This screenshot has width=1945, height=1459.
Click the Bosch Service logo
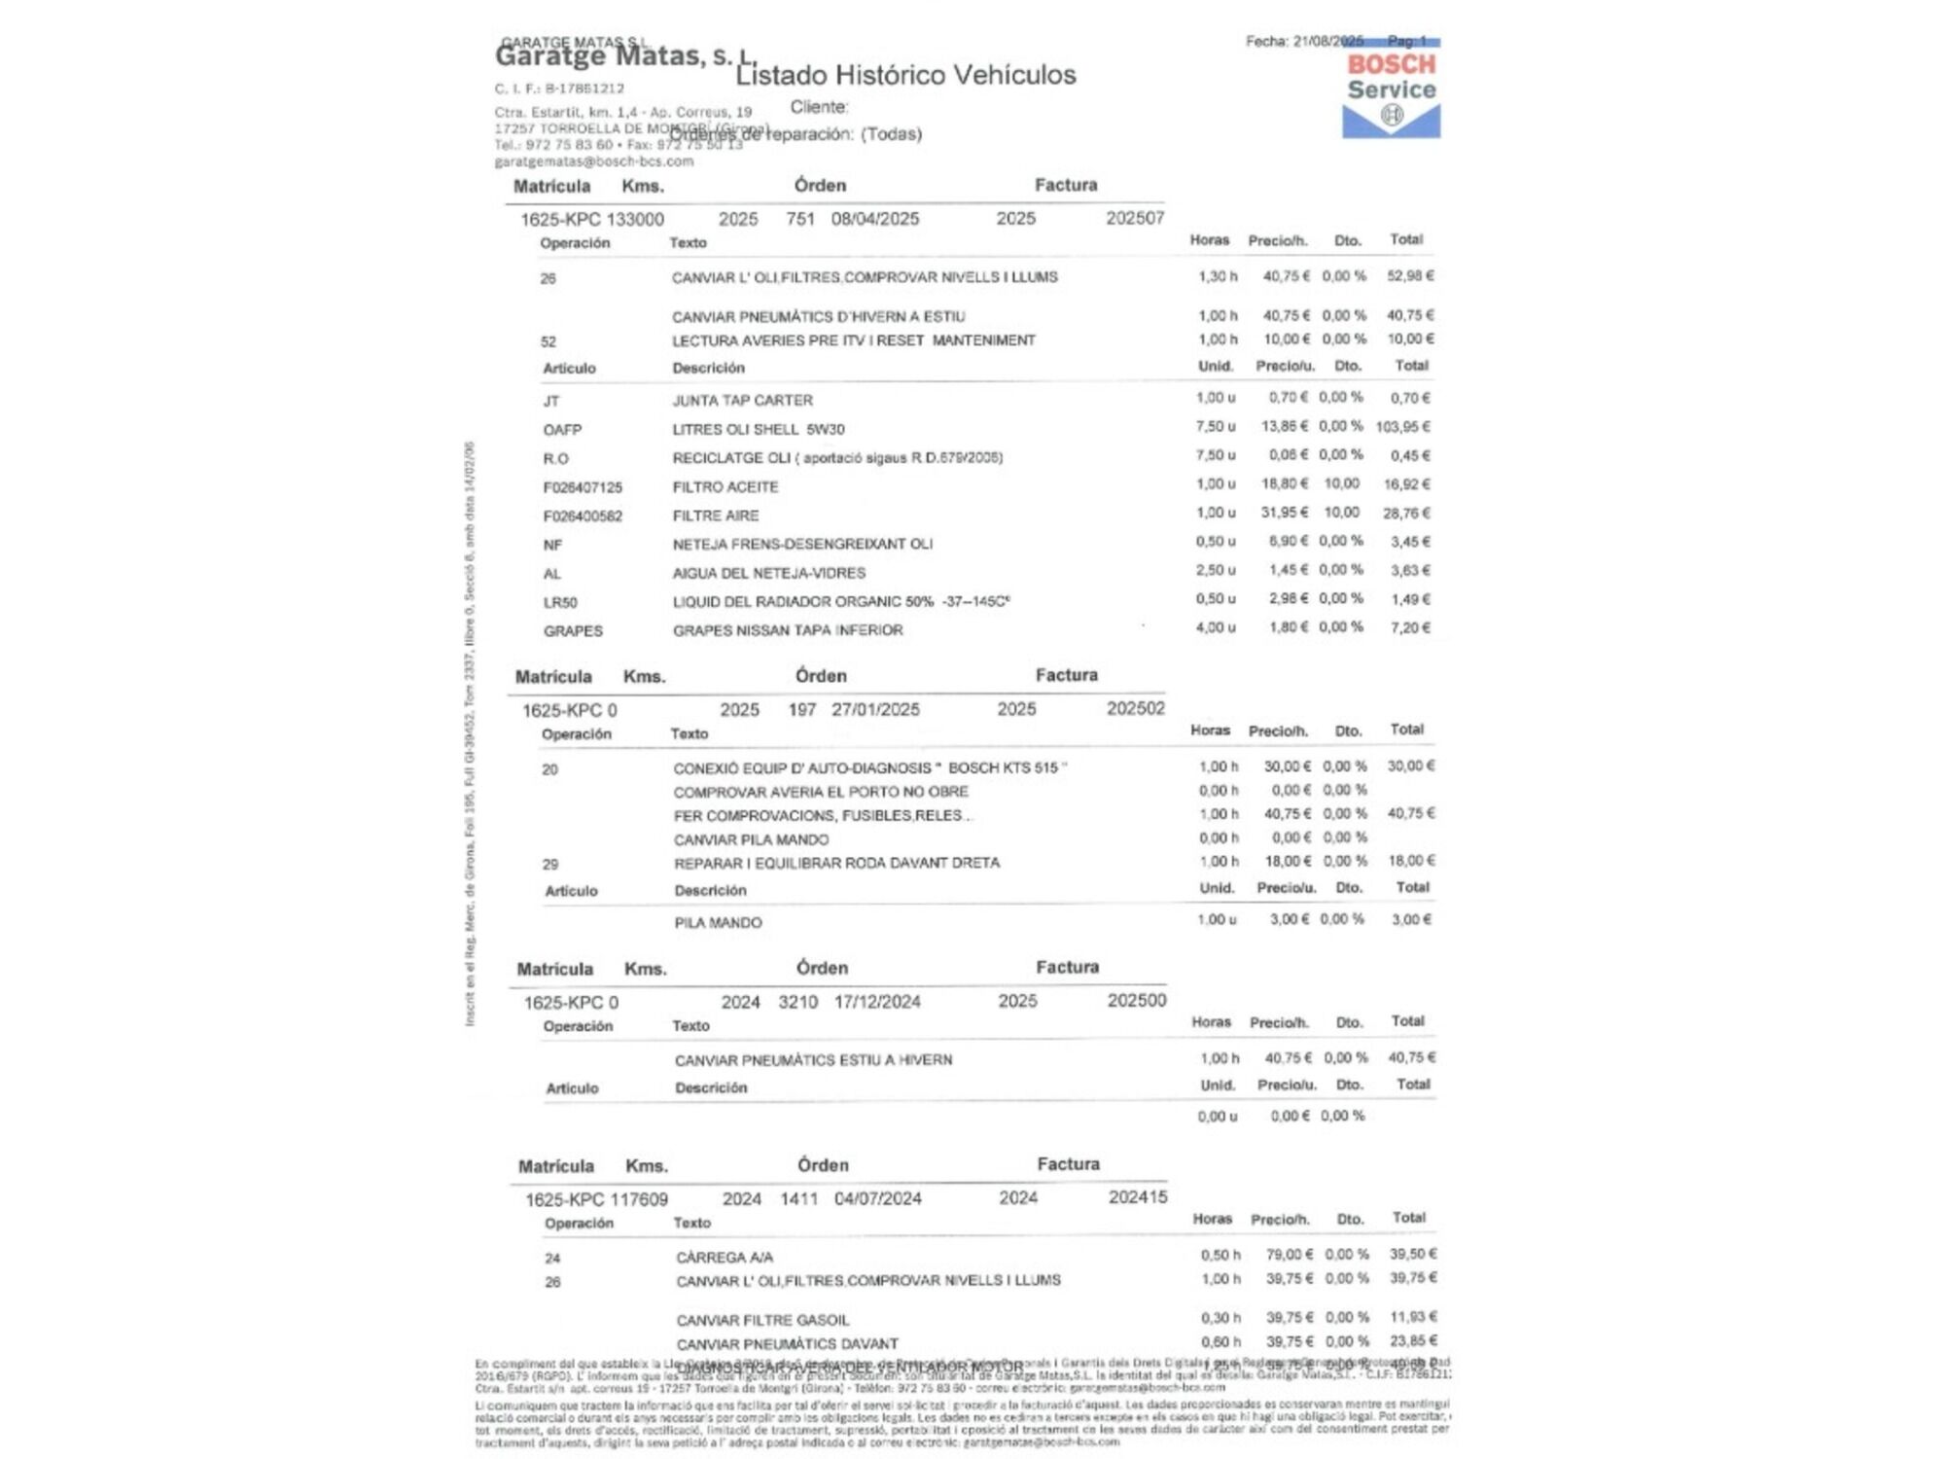click(x=1391, y=93)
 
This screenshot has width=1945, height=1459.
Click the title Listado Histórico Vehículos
click(x=905, y=75)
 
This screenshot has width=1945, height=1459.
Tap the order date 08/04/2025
click(x=874, y=219)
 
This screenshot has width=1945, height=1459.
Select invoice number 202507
click(x=1134, y=218)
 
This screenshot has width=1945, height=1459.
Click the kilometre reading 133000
click(x=635, y=220)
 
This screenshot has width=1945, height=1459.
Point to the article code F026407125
click(x=583, y=487)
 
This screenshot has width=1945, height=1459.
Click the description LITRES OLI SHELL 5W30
click(x=759, y=429)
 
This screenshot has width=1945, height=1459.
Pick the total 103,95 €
click(x=1402, y=427)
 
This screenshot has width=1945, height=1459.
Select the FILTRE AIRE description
click(x=716, y=516)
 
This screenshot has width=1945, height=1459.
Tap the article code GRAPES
click(x=573, y=631)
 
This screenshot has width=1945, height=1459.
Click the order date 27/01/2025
click(x=875, y=710)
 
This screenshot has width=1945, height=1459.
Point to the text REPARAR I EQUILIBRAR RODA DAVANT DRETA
click(x=836, y=863)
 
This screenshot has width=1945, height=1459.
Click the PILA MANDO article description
click(x=719, y=923)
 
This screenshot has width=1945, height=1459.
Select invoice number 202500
click(x=1136, y=1001)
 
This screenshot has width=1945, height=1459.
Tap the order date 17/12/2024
click(x=877, y=1002)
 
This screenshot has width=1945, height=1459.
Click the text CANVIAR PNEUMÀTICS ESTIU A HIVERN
click(x=813, y=1060)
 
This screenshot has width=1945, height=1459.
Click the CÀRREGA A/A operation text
click(x=725, y=1258)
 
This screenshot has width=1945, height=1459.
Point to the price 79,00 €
click(x=1289, y=1255)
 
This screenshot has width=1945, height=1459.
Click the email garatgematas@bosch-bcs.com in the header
click(x=593, y=161)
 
